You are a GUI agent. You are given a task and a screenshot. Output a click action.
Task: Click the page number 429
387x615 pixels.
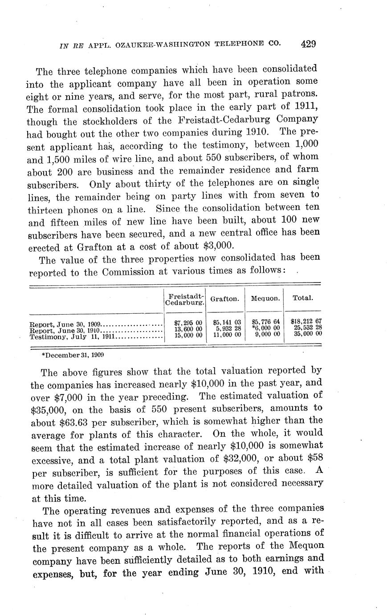(x=308, y=44)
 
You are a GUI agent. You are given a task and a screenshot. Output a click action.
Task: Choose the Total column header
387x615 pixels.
(x=302, y=298)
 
